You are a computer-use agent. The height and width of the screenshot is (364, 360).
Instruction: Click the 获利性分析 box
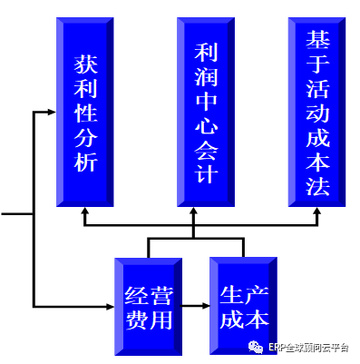(x=85, y=112)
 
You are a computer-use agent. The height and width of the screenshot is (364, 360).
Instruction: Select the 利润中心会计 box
(x=206, y=112)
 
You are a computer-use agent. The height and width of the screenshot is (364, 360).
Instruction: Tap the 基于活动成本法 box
(x=317, y=112)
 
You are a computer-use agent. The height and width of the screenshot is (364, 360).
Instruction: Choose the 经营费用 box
(x=148, y=307)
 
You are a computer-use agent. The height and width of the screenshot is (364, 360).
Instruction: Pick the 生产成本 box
(x=244, y=306)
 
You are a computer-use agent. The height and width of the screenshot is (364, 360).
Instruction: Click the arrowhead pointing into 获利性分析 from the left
(x=52, y=113)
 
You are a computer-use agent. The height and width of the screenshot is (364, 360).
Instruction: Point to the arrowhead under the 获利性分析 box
(x=85, y=211)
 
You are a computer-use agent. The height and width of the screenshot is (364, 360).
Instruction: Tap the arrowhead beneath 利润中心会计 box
(x=193, y=211)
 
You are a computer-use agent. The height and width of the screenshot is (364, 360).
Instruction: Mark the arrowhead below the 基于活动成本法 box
(x=317, y=211)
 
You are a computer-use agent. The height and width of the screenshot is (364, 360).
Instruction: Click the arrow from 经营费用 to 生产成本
(x=196, y=306)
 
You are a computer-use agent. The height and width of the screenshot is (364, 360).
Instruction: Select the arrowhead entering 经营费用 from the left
(x=111, y=307)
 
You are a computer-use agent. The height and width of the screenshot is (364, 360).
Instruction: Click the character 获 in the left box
(x=85, y=64)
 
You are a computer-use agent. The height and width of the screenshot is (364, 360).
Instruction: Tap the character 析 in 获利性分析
(x=85, y=162)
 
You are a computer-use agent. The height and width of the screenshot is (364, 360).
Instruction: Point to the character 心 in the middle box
(x=207, y=124)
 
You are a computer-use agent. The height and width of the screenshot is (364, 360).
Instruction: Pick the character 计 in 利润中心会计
(x=207, y=173)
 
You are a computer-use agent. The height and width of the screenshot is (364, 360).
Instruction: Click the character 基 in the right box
(x=317, y=39)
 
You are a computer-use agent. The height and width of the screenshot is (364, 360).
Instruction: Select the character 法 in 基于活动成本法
(x=317, y=185)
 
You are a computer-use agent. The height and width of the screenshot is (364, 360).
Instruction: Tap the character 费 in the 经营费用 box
(x=136, y=320)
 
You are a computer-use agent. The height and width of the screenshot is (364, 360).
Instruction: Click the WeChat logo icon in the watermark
(x=256, y=347)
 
